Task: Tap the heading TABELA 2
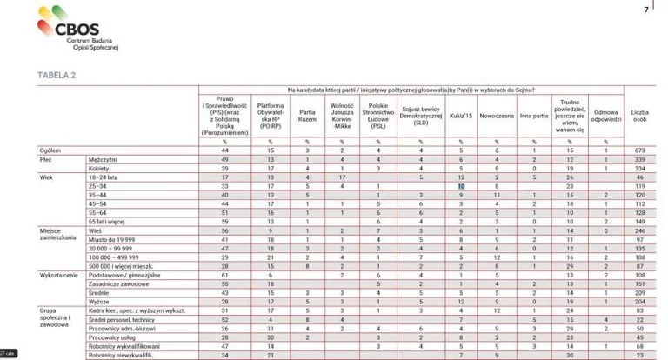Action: (56, 76)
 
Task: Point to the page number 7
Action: (645, 10)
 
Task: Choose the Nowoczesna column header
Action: (496, 115)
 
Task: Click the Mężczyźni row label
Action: (104, 160)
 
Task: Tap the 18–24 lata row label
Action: (104, 177)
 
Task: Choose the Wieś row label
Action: (96, 231)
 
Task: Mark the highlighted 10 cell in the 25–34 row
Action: (462, 186)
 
